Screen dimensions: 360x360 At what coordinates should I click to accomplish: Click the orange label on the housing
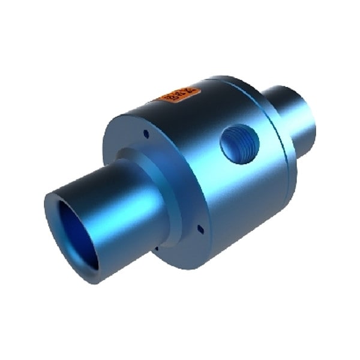tap(178, 94)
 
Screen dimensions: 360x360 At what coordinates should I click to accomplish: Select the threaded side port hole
tap(239, 143)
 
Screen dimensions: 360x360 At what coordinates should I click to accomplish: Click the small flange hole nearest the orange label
tap(146, 134)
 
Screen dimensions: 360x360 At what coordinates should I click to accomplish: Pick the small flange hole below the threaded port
tap(200, 228)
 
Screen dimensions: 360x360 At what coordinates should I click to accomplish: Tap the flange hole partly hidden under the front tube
tap(157, 247)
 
